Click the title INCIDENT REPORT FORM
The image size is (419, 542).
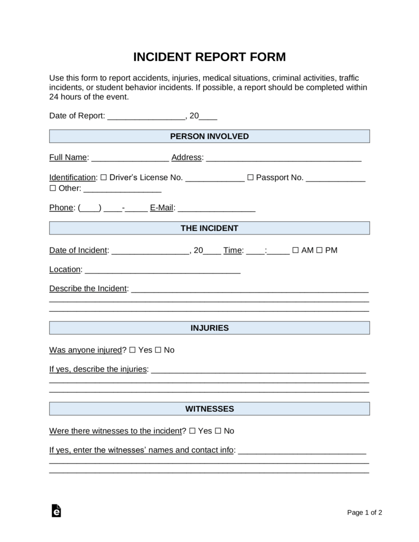pos(209,57)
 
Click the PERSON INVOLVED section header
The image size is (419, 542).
pos(209,136)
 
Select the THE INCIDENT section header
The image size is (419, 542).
pos(209,228)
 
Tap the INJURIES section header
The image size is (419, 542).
pos(209,328)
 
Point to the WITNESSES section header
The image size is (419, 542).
pos(209,409)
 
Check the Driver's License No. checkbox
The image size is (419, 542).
pos(103,177)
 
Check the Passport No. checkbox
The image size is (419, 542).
pos(250,177)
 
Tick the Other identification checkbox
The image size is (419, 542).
pos(52,188)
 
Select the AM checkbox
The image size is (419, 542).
pos(296,250)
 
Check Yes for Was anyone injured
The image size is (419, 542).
pos(133,350)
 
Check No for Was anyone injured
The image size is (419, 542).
pos(158,350)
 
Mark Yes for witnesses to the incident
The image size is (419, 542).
pos(192,431)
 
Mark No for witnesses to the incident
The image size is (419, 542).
pos(218,431)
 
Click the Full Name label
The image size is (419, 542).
pos(68,157)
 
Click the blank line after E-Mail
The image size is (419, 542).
pos(217,209)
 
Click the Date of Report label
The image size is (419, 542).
pos(77,116)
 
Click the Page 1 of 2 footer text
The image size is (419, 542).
pos(364,512)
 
